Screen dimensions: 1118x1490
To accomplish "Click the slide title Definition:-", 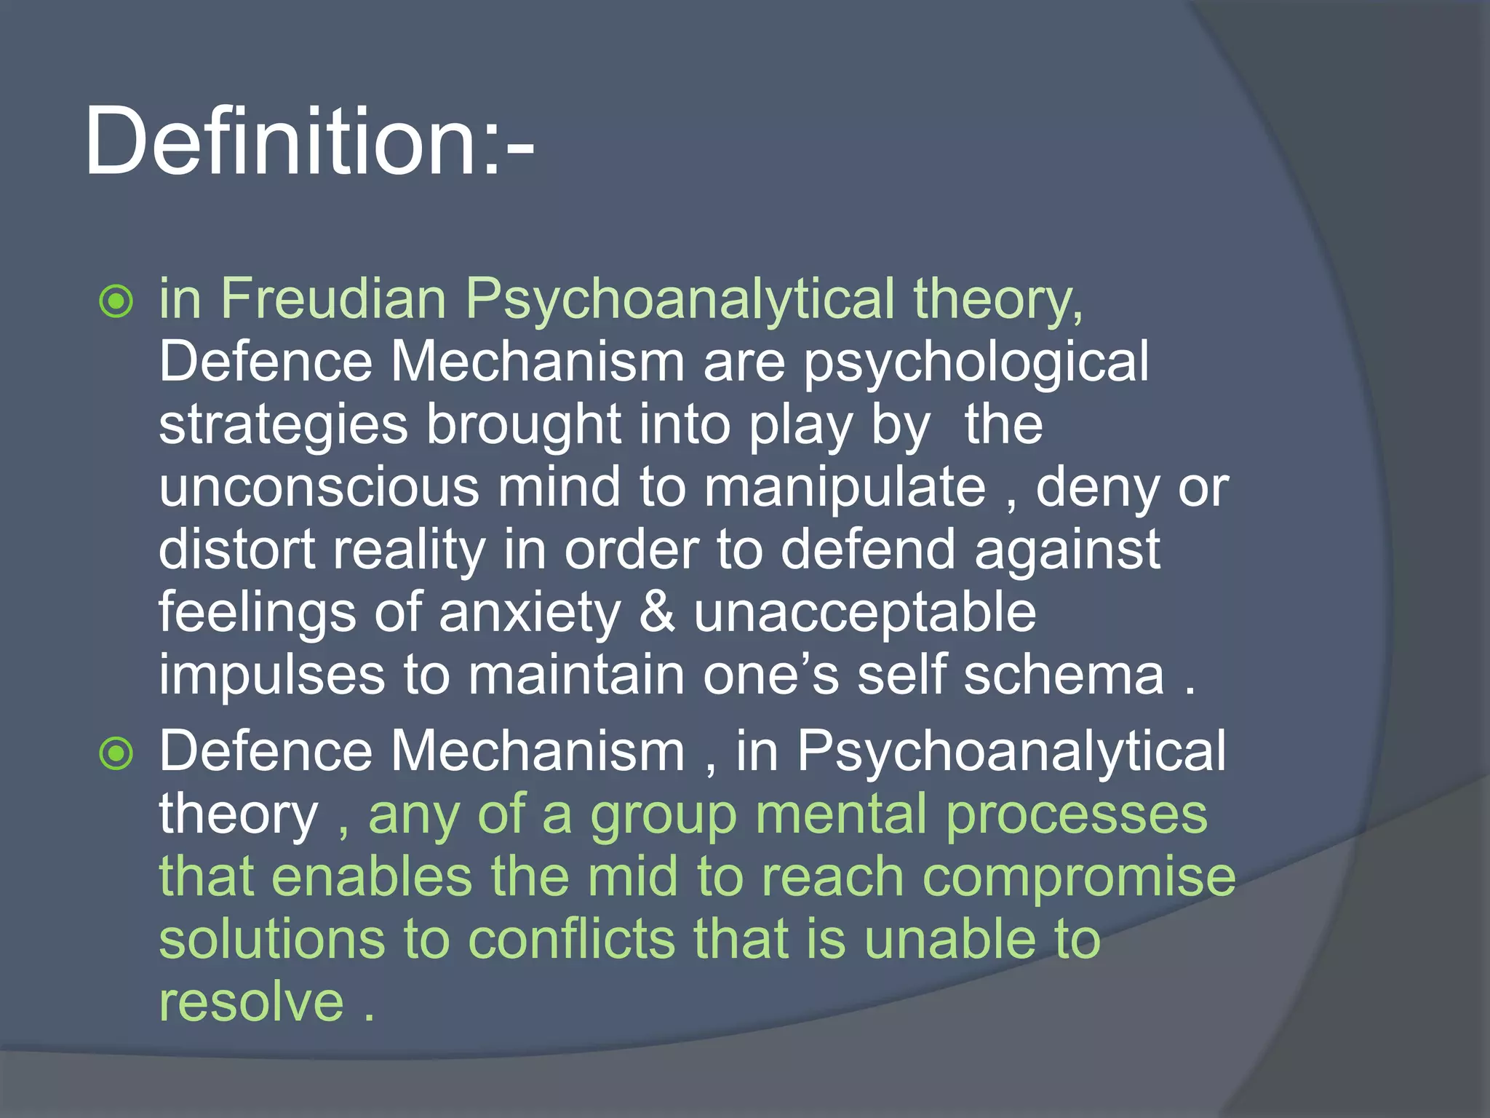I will pyautogui.click(x=309, y=140).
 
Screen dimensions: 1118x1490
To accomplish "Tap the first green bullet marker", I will pyautogui.click(x=116, y=301).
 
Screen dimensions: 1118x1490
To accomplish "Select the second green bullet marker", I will pyautogui.click(x=116, y=753).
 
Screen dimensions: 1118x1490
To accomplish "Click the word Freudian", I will pyautogui.click(x=333, y=298).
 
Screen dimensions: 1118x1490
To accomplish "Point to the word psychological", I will pyautogui.click(x=976, y=362).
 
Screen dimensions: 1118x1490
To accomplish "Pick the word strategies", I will pyautogui.click(x=283, y=427).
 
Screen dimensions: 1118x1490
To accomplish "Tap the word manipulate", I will pyautogui.click(x=844, y=488).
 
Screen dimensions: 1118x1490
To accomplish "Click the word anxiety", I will pyautogui.click(x=530, y=614).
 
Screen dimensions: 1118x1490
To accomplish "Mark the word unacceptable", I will pyautogui.click(x=864, y=614).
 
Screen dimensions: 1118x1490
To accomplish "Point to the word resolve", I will pyautogui.click(x=251, y=1002).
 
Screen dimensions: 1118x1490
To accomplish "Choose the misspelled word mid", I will pyautogui.click(x=632, y=877).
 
